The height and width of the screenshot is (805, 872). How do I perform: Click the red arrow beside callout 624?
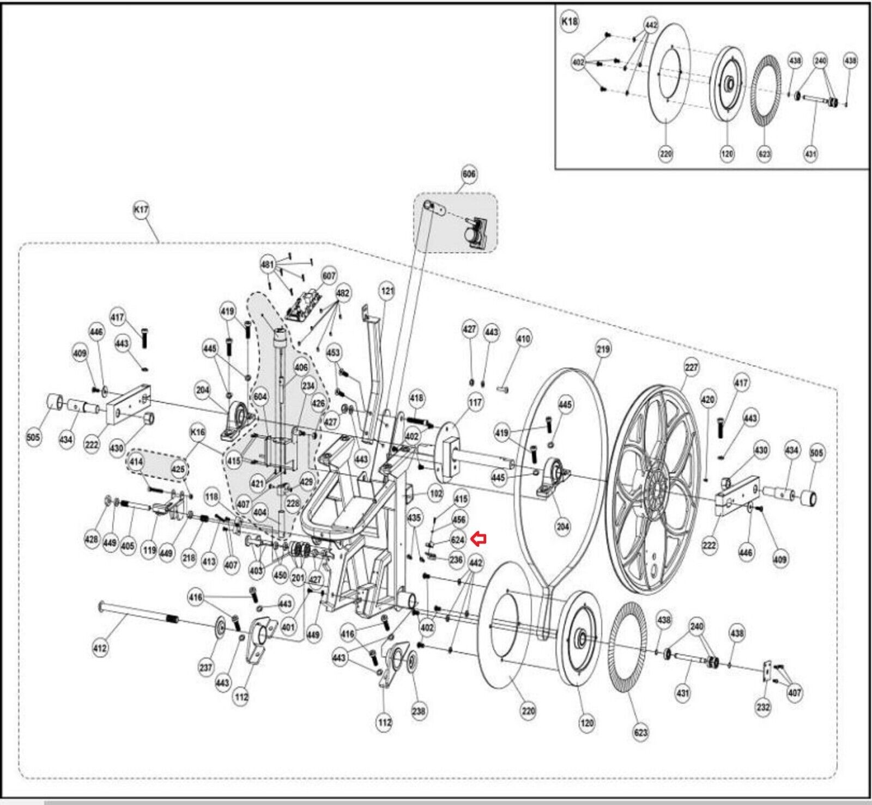[478, 539]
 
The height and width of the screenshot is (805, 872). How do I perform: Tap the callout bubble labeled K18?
[570, 22]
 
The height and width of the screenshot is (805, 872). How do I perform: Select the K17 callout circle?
[141, 209]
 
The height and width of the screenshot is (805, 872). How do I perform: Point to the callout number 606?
[469, 174]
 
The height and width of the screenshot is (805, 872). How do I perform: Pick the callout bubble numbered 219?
[603, 349]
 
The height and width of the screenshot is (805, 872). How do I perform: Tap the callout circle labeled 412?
[100, 648]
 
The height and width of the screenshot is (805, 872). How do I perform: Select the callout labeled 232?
[763, 707]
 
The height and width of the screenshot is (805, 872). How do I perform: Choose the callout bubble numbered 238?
[419, 711]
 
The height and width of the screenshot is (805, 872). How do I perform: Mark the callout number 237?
[205, 668]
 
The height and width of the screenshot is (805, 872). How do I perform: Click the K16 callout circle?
[197, 432]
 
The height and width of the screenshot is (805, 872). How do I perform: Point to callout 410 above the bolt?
[523, 339]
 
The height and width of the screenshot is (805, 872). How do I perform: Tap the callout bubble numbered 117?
[475, 402]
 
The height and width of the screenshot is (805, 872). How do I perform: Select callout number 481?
[268, 265]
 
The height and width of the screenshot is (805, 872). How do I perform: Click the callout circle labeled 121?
[387, 291]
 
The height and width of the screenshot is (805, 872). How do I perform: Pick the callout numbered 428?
[92, 539]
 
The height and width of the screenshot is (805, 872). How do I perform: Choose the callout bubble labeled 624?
[458, 540]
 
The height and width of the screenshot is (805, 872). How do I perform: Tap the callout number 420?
[708, 400]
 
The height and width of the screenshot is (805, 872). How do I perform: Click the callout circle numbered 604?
[261, 397]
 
